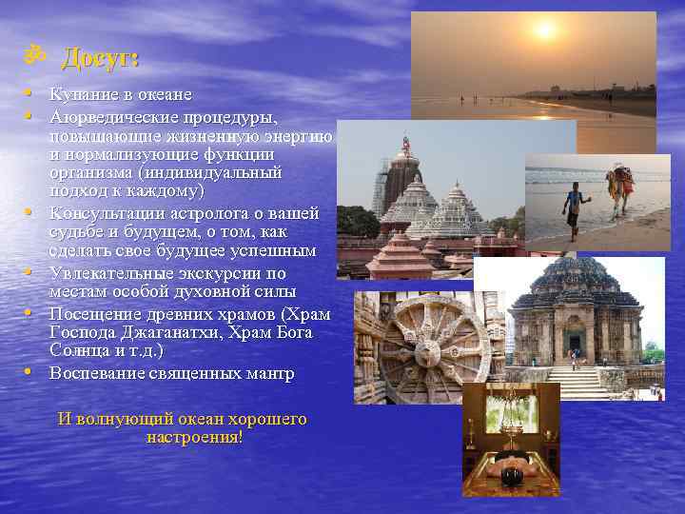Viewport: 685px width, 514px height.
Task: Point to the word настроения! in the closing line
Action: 194,437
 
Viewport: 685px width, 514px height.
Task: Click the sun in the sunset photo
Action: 543,30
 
